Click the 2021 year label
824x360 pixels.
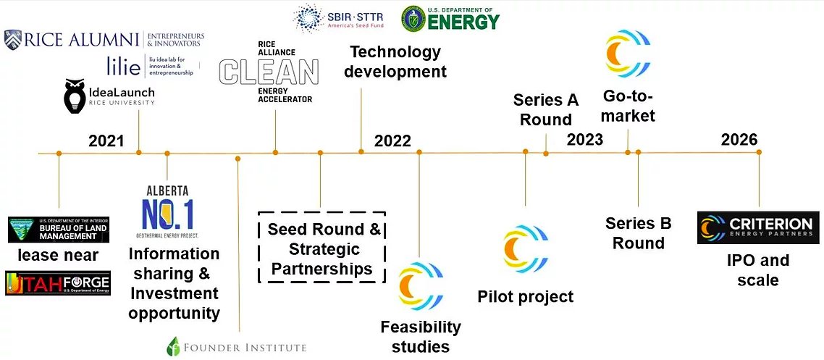(106, 141)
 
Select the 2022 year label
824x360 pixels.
(392, 141)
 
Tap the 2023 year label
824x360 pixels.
(585, 138)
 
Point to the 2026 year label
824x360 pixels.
(739, 139)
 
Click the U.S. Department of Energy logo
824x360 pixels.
(451, 18)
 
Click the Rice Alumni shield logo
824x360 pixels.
(12, 39)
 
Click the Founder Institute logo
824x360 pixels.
(236, 346)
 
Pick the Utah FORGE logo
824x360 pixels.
(58, 282)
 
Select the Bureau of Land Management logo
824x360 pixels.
(59, 230)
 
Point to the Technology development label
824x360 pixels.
(395, 62)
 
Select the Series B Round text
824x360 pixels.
(639, 233)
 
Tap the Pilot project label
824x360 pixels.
(525, 296)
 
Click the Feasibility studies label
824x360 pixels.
(421, 336)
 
